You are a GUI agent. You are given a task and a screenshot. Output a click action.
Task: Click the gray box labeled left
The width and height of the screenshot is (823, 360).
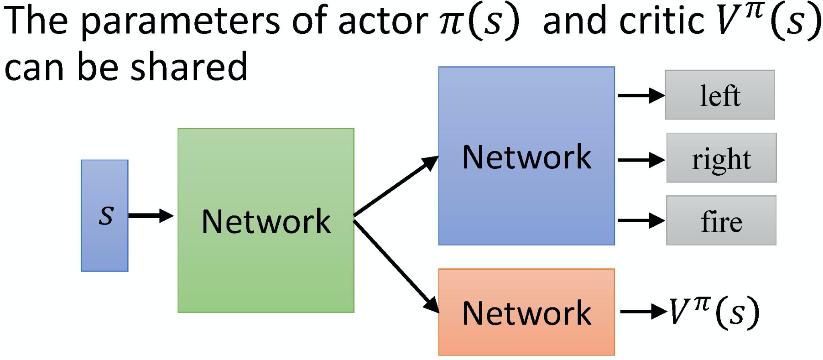[x=719, y=95]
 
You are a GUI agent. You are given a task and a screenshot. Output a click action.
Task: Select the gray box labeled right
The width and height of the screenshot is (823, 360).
[x=721, y=158]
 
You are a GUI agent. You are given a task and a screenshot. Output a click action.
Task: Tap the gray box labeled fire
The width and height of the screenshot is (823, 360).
[x=721, y=221]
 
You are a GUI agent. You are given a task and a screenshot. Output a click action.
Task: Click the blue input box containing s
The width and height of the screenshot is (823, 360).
[x=104, y=215]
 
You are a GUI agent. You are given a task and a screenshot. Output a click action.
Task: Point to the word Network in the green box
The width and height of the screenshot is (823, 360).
[x=266, y=221]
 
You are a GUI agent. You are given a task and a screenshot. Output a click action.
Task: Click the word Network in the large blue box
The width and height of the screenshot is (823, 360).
[x=526, y=157]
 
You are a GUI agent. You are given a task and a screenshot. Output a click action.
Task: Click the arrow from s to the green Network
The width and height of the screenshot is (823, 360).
[x=151, y=215]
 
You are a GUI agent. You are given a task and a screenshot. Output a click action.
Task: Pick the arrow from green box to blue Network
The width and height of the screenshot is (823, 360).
[x=396, y=186]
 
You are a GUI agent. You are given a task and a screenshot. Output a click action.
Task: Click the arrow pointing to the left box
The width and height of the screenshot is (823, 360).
[x=641, y=96]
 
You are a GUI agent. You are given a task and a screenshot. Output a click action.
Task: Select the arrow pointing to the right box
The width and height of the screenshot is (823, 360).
[x=641, y=160]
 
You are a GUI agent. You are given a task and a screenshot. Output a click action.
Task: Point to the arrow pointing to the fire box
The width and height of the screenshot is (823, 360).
[x=641, y=221]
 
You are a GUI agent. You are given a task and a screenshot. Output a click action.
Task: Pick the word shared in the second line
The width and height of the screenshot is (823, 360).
[x=189, y=66]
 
